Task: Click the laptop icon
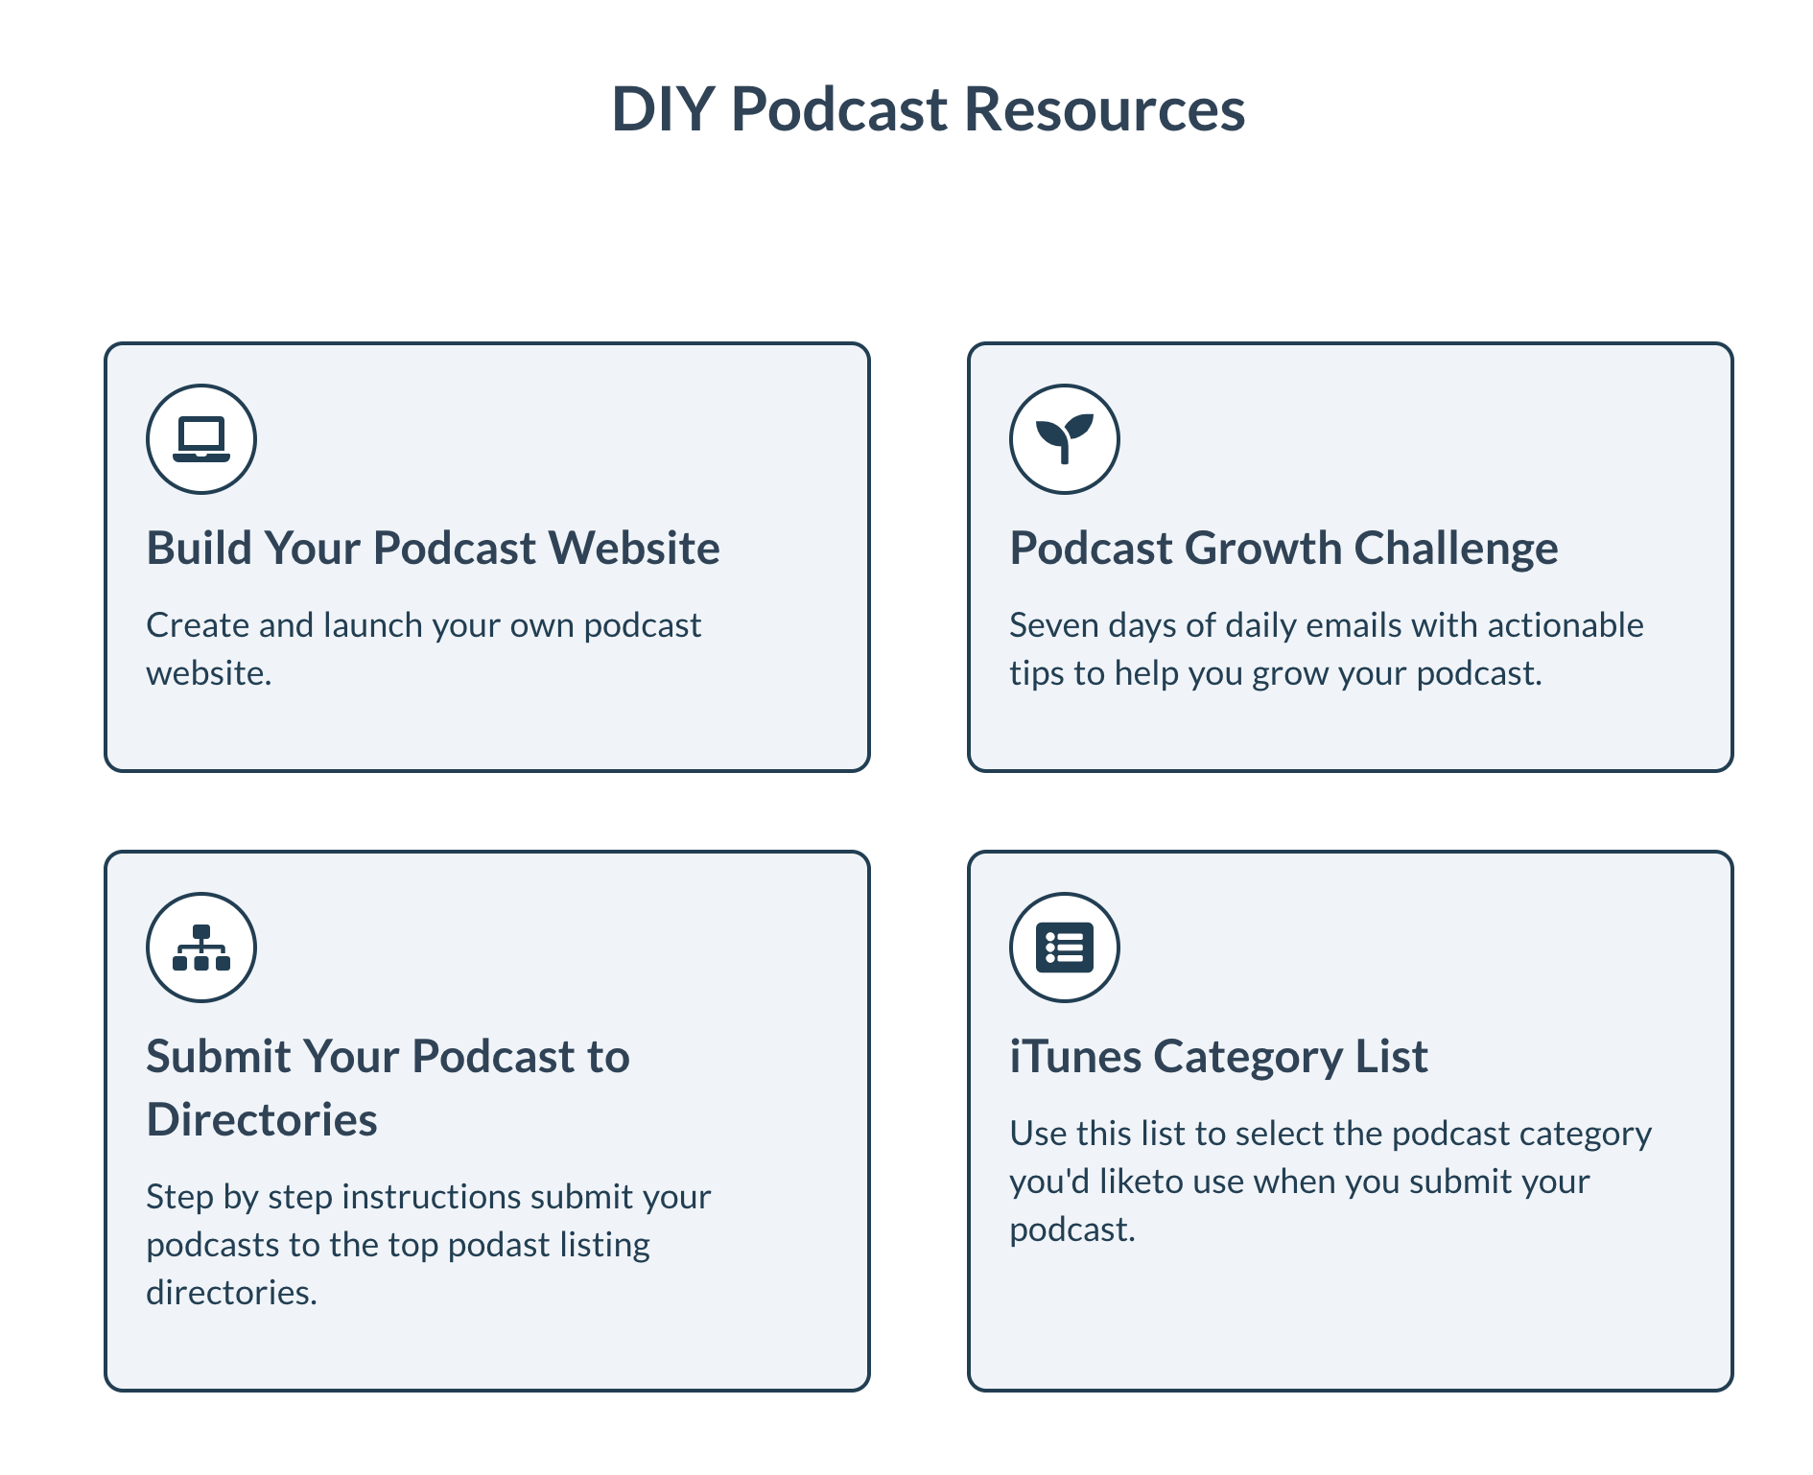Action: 201,439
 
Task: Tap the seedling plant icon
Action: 1065,439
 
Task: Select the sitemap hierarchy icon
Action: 201,948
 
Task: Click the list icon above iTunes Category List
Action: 1065,948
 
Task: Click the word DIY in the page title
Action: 663,109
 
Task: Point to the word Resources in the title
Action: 1104,109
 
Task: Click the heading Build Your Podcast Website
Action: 433,549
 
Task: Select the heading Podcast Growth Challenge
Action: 1283,549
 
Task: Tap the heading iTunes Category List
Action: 1218,1057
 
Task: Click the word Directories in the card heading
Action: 262,1120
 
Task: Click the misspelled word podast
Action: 499,1245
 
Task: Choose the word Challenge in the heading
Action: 1455,549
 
